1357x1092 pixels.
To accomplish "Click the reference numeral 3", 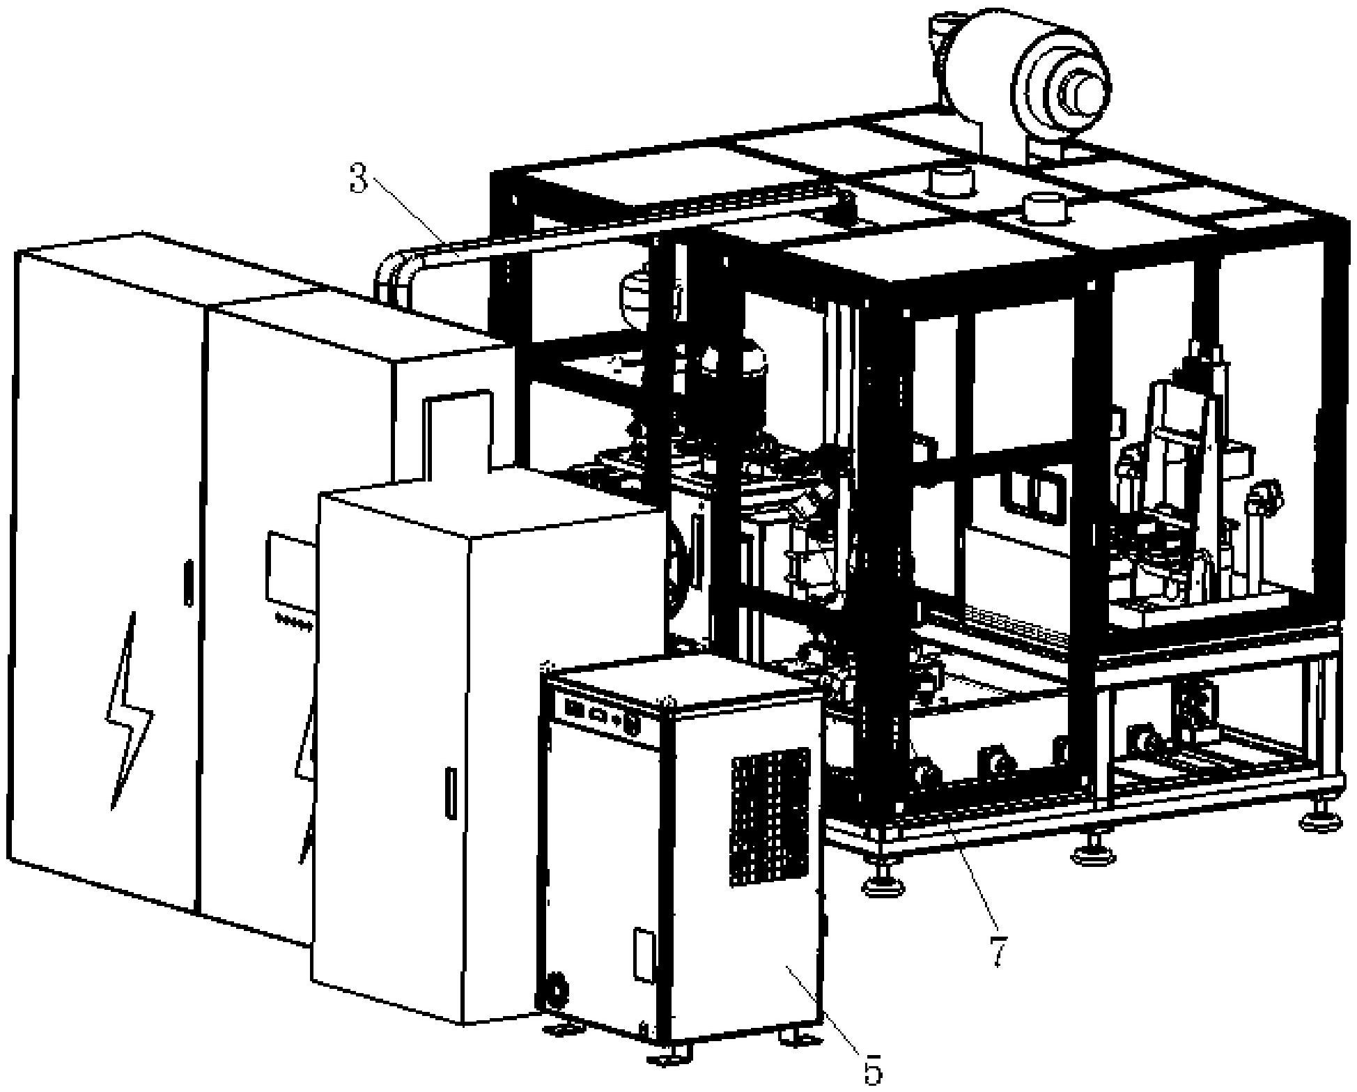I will (x=359, y=180).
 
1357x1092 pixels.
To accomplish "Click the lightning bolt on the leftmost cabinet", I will (x=129, y=711).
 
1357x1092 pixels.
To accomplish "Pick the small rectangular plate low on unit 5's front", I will (x=644, y=955).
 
